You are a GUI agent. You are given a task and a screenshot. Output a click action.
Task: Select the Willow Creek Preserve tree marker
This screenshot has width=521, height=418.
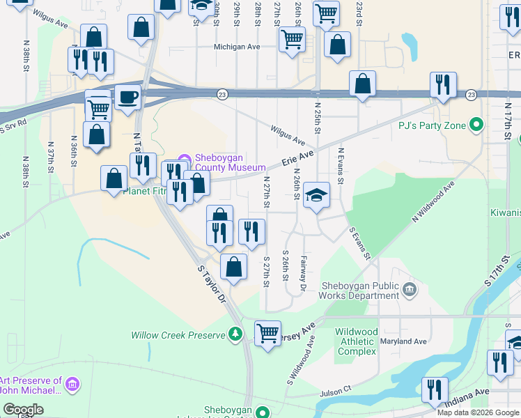(236, 335)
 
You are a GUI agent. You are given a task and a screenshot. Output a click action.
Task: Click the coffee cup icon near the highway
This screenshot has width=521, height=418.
(127, 97)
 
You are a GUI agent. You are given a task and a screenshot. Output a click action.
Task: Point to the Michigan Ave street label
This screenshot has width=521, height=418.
(236, 47)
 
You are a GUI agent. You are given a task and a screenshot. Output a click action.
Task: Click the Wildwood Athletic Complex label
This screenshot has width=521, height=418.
(356, 341)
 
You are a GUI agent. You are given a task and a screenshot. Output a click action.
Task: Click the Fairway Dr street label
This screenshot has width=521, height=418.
(303, 272)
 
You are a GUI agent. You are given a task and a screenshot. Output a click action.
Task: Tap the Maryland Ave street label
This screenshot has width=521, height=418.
(403, 341)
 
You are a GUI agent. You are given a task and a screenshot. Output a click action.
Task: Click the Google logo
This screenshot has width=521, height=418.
(22, 410)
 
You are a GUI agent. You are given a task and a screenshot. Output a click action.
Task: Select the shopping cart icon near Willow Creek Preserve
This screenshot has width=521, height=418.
(267, 333)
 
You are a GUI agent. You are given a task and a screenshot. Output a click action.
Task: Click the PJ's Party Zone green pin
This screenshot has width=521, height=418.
(476, 126)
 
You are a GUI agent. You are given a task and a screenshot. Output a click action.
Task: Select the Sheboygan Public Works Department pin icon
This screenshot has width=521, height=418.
(408, 288)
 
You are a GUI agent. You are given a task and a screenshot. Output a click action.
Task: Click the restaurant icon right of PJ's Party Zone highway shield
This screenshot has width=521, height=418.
(443, 85)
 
